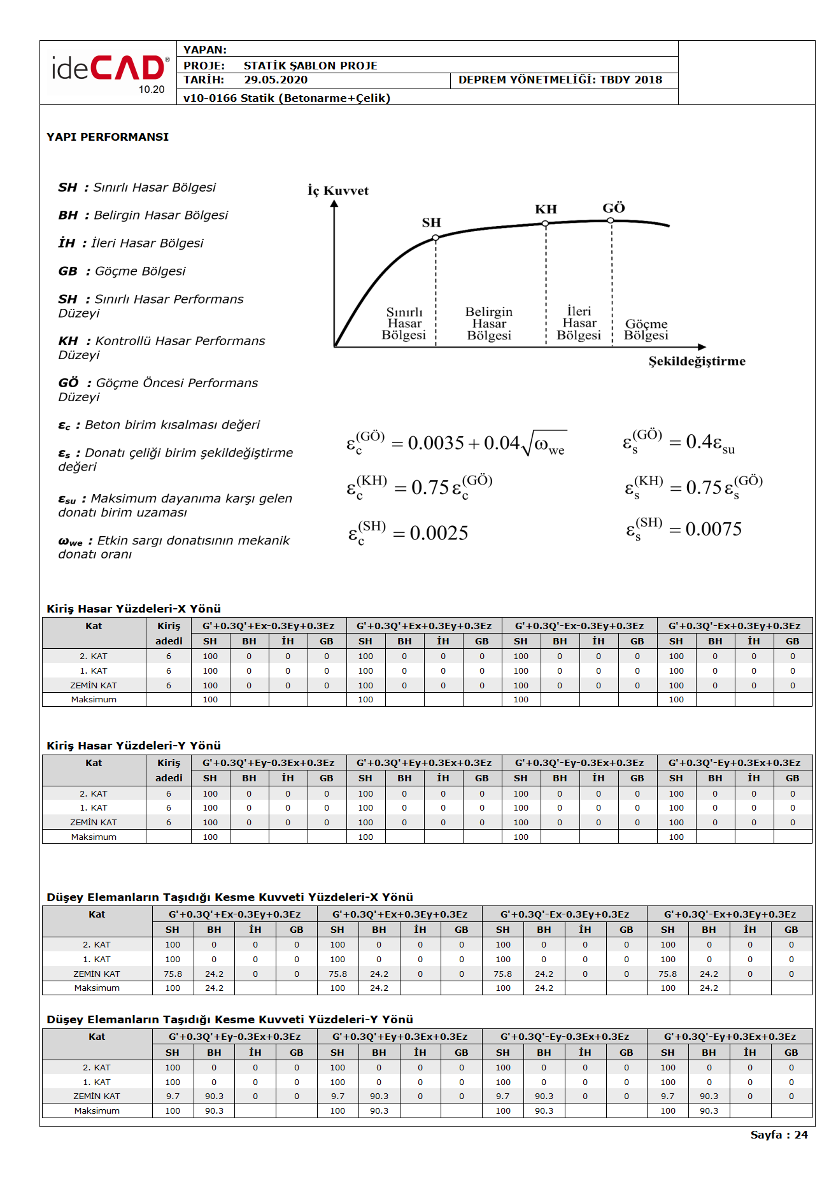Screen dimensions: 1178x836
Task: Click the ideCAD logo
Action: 110,69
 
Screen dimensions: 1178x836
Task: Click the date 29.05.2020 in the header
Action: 276,80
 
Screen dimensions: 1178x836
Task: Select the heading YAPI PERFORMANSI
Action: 108,137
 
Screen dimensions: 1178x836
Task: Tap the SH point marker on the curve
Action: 436,238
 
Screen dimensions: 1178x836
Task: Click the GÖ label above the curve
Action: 614,208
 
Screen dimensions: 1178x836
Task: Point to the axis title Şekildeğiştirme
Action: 697,362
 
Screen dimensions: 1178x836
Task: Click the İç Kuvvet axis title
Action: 338,190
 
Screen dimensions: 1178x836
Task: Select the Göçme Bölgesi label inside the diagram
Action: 646,330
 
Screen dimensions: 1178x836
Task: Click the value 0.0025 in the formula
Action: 439,534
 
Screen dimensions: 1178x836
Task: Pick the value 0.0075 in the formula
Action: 713,530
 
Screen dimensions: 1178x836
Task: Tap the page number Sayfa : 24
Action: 779,1135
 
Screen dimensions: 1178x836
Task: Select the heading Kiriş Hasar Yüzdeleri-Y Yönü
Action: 134,746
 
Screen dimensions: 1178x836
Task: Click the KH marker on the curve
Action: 545,224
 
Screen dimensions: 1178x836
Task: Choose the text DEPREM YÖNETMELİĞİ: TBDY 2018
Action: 560,80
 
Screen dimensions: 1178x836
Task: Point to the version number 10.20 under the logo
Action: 152,90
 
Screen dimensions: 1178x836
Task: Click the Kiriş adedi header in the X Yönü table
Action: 169,634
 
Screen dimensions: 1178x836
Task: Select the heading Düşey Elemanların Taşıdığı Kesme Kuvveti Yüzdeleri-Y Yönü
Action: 230,1019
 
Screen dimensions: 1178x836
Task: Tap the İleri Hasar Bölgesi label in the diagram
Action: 579,323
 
